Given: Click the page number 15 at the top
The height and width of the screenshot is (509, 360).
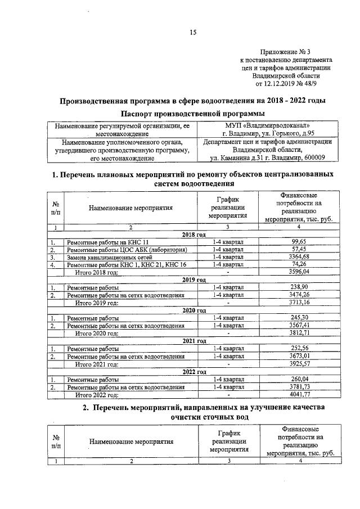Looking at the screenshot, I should [192, 33].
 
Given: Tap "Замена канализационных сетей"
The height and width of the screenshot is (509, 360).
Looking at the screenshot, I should [109, 257].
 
